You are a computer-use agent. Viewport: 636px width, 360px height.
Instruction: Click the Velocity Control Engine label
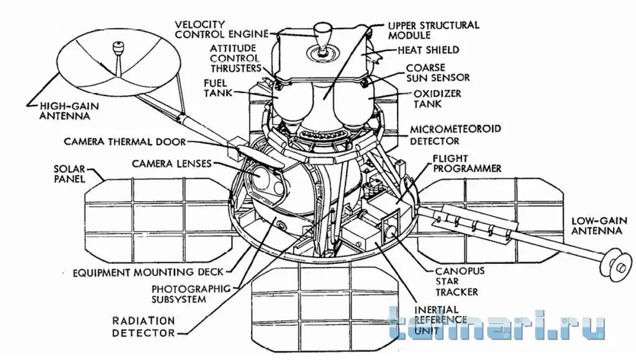pyautogui.click(x=222, y=30)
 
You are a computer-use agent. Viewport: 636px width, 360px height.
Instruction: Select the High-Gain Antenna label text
pyautogui.click(x=70, y=110)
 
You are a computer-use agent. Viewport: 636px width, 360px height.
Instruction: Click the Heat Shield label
pyautogui.click(x=429, y=50)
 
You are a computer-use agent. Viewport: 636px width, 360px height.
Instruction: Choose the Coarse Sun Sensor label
pyautogui.click(x=438, y=73)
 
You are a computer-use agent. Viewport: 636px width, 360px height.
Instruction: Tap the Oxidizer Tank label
pyautogui.click(x=437, y=99)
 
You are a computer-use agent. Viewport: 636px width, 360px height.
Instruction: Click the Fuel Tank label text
pyautogui.click(x=218, y=88)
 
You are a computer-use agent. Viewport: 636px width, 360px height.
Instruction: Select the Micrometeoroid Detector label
pyautogui.click(x=455, y=135)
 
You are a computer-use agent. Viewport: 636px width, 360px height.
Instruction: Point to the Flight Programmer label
pyautogui.click(x=467, y=163)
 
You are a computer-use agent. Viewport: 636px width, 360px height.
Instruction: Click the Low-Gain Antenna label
pyautogui.click(x=599, y=226)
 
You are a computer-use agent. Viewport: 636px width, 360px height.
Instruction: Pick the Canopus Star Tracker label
pyautogui.click(x=460, y=281)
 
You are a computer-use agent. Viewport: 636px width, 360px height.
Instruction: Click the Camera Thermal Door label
pyautogui.click(x=125, y=142)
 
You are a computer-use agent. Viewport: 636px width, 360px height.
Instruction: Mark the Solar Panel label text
pyautogui.click(x=70, y=174)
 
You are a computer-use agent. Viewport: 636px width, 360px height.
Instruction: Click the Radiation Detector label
pyautogui.click(x=143, y=327)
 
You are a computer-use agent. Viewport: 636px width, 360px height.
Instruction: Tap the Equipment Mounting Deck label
pyautogui.click(x=148, y=272)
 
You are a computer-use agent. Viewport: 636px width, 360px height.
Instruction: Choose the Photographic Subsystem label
pyautogui.click(x=191, y=294)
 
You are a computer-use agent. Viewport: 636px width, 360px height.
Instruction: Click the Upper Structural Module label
pyautogui.click(x=434, y=30)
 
